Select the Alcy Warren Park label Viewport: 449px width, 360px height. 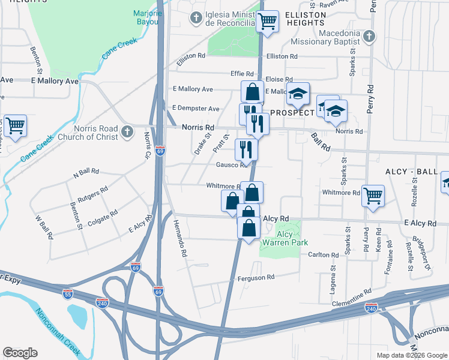click(285, 238)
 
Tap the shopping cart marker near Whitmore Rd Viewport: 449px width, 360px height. click(373, 196)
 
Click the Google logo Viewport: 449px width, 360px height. click(20, 353)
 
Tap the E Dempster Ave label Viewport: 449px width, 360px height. click(196, 108)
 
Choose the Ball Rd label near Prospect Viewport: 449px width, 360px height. click(321, 142)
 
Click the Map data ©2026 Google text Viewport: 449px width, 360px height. click(411, 355)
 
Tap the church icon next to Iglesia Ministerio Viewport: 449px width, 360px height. click(196, 18)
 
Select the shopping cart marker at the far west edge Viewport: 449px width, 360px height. click(15, 127)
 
